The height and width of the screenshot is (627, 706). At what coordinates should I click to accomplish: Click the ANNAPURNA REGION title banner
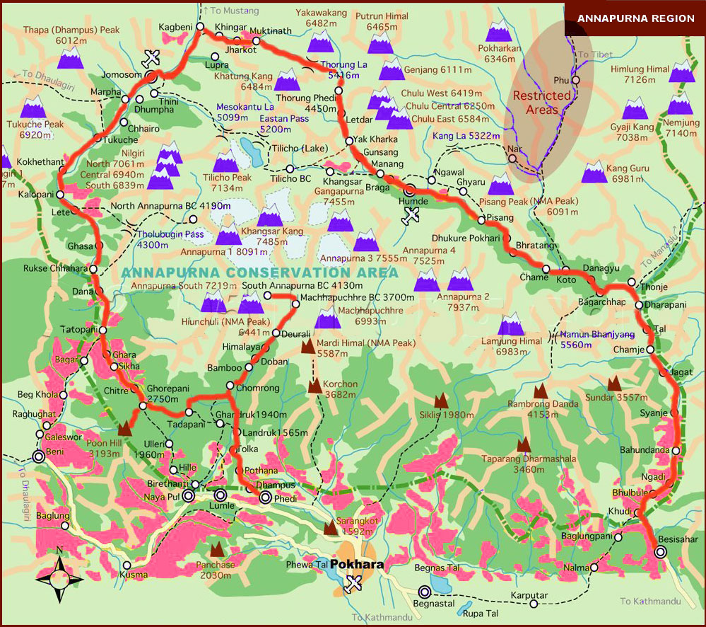coord(635,18)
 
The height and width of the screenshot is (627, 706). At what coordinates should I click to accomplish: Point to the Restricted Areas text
coord(542,103)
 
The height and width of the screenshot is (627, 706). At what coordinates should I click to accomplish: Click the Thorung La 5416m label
coord(344,69)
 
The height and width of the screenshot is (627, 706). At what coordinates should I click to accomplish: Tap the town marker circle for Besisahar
coord(660,553)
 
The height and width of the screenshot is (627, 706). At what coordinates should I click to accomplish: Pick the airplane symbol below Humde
coord(410,217)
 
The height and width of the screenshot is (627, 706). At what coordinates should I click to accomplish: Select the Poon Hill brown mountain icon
coord(126,427)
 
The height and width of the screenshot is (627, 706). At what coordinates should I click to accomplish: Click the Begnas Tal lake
coord(436,585)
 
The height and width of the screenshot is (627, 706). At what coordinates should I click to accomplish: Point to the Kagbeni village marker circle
coord(200,27)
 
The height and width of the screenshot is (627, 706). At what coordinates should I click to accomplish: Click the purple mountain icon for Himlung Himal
coord(681,71)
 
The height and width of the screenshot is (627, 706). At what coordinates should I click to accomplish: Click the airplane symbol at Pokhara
coord(354,583)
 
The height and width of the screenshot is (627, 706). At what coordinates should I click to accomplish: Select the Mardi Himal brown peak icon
coord(309,346)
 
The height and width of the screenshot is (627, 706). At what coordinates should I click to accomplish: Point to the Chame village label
coord(534,277)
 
